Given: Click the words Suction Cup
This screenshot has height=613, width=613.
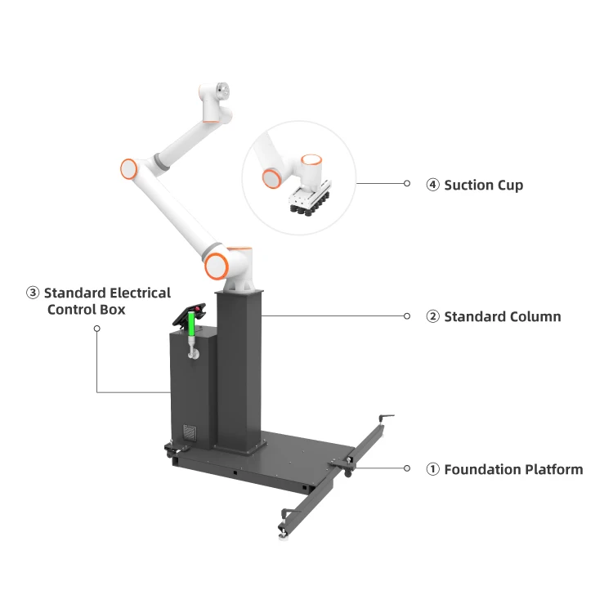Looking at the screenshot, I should click(483, 185).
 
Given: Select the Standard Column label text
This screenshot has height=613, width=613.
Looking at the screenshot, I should click(502, 316).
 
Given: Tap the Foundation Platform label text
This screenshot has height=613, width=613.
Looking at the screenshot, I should click(512, 469).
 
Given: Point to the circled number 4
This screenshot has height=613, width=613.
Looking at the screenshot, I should click(433, 185).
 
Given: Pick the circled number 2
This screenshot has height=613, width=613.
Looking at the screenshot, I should click(433, 316).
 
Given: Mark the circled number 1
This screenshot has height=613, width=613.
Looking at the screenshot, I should click(433, 469).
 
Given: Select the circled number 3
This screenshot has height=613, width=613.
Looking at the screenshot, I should click(33, 293).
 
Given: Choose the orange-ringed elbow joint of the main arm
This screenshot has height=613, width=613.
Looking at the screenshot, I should click(129, 169).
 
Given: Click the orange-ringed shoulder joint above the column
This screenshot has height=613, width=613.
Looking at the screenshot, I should click(217, 265).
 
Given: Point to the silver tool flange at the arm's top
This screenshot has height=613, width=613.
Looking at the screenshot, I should click(222, 90).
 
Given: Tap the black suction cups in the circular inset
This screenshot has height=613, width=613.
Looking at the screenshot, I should click(309, 207).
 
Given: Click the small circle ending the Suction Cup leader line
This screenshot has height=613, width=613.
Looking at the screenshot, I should click(407, 184).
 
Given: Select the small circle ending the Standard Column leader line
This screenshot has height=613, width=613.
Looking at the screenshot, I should click(407, 315).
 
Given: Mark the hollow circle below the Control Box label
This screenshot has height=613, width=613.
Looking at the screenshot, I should click(96, 329).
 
